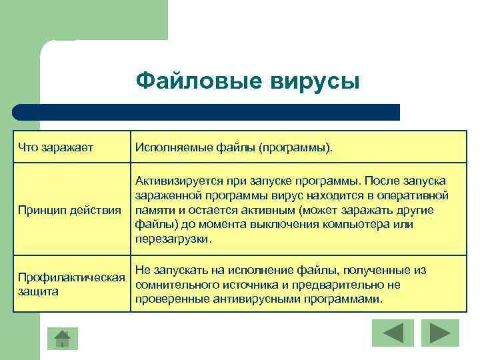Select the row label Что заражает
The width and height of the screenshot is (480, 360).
tap(55, 146)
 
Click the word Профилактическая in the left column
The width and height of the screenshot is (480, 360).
tap(72, 277)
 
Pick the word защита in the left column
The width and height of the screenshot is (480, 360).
tap(39, 291)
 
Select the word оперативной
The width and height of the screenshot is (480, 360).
tap(414, 196)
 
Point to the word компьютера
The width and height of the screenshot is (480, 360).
tap(365, 225)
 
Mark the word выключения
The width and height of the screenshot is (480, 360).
tap(295, 225)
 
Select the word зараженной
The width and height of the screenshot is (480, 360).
tap(167, 196)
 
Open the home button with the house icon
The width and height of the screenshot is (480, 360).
tap(61, 339)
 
